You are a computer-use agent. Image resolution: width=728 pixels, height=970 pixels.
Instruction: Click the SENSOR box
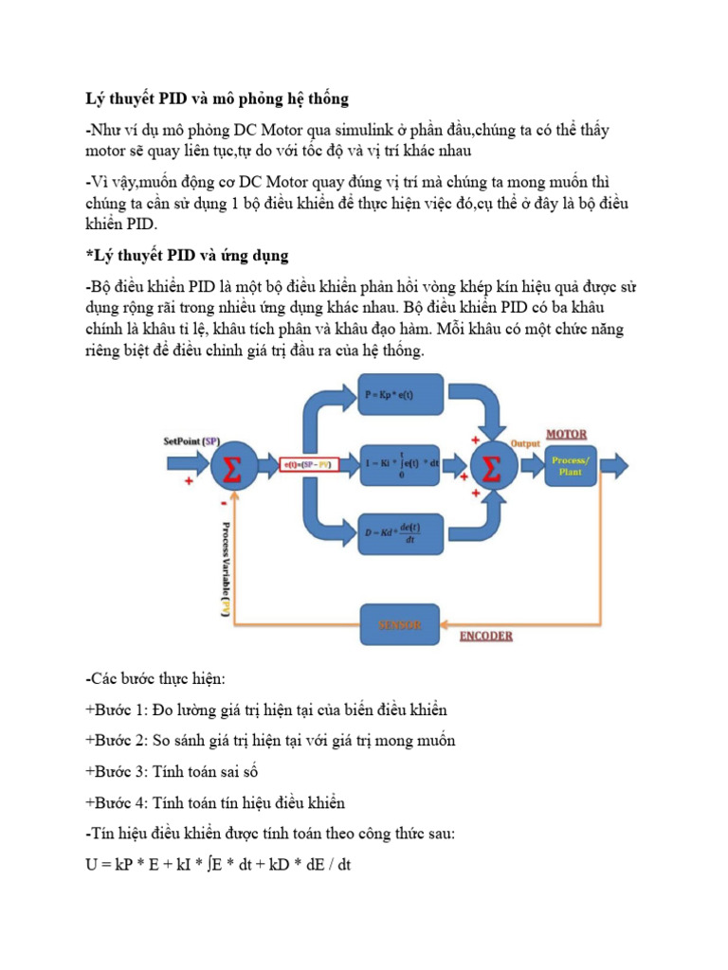coord(401,624)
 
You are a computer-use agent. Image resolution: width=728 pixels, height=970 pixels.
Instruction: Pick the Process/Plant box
coord(570,465)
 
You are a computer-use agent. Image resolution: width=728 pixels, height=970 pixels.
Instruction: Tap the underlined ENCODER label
coord(485,636)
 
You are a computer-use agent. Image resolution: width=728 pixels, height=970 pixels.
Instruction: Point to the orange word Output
coord(524,442)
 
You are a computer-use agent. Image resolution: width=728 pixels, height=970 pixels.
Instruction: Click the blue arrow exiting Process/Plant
coord(614,465)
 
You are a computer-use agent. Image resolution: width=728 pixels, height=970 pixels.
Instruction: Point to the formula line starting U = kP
coord(218,865)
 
